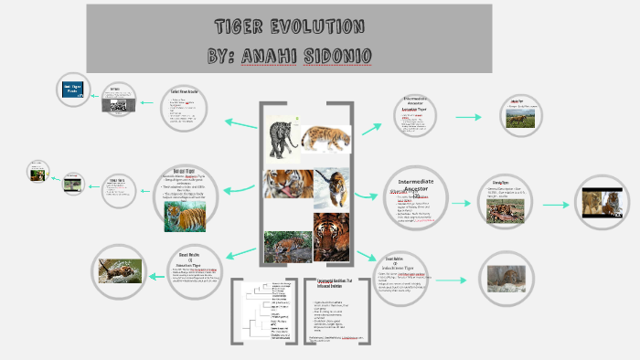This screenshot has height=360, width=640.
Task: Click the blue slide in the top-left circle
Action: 73,90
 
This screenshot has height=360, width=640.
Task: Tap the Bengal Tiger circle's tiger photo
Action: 185,217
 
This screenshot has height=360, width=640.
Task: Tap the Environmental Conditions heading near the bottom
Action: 335,282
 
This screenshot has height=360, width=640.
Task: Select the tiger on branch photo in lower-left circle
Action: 121,270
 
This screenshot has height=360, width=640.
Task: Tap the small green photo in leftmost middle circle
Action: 38,172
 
